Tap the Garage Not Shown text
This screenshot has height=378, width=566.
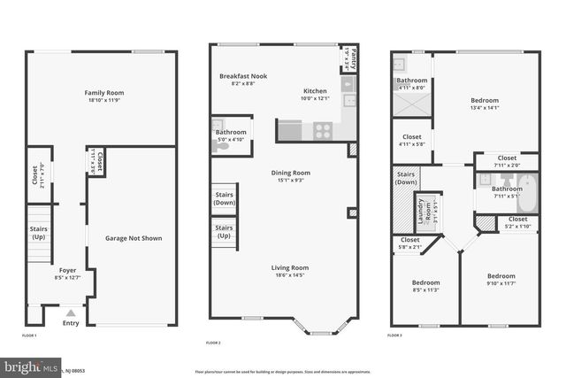[x=134, y=238]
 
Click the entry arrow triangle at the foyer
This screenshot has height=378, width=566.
[x=71, y=312]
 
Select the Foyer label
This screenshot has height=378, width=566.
[x=67, y=269]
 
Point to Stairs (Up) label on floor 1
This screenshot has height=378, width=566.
[x=38, y=234]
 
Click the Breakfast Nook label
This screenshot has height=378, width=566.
[x=242, y=76]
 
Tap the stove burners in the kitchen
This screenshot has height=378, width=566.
[x=323, y=131]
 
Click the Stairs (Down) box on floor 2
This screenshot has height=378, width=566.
[x=224, y=199]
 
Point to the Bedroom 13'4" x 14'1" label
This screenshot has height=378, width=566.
[x=485, y=101]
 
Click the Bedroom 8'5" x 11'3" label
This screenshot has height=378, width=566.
[x=425, y=282]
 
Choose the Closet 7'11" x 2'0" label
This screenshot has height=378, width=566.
[x=507, y=158]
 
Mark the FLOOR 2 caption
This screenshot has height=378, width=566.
[x=213, y=342]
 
